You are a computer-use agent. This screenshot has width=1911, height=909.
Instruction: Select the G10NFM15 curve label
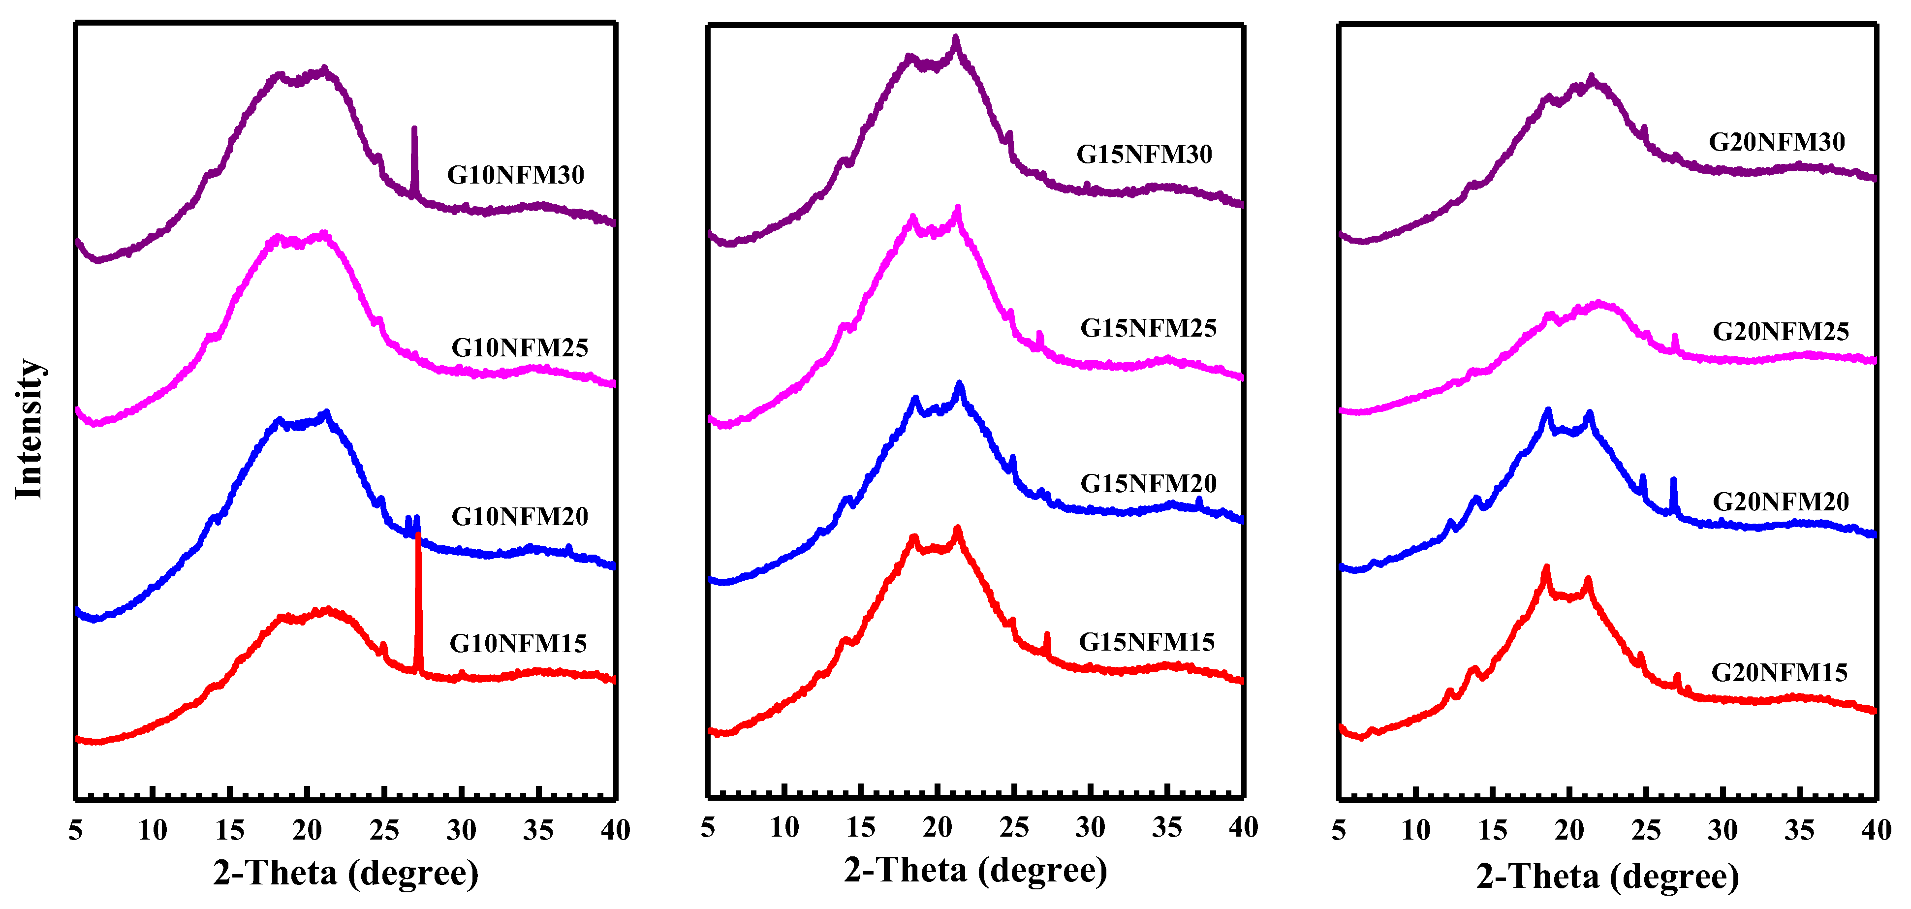coord(518,643)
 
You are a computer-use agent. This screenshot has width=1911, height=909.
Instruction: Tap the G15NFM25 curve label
coord(1148,328)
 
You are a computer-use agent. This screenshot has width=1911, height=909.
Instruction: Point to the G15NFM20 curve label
coord(1148,484)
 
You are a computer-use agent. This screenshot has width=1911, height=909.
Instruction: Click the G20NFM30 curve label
coord(1776,142)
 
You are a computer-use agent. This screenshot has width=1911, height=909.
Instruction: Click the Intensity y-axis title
coord(30,429)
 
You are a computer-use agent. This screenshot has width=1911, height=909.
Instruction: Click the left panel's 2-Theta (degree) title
coord(345,873)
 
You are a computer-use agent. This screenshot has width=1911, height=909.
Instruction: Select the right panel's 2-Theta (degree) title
coord(1607,877)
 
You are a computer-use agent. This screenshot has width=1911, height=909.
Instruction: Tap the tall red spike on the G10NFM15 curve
coord(418,594)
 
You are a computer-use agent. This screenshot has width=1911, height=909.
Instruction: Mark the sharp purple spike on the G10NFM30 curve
coord(414,159)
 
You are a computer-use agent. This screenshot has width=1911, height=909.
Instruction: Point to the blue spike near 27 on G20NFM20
coord(1673,494)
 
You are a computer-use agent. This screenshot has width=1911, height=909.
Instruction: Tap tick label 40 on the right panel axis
coord(1876,830)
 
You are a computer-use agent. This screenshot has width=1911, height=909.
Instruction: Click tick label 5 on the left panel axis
coord(76,830)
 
